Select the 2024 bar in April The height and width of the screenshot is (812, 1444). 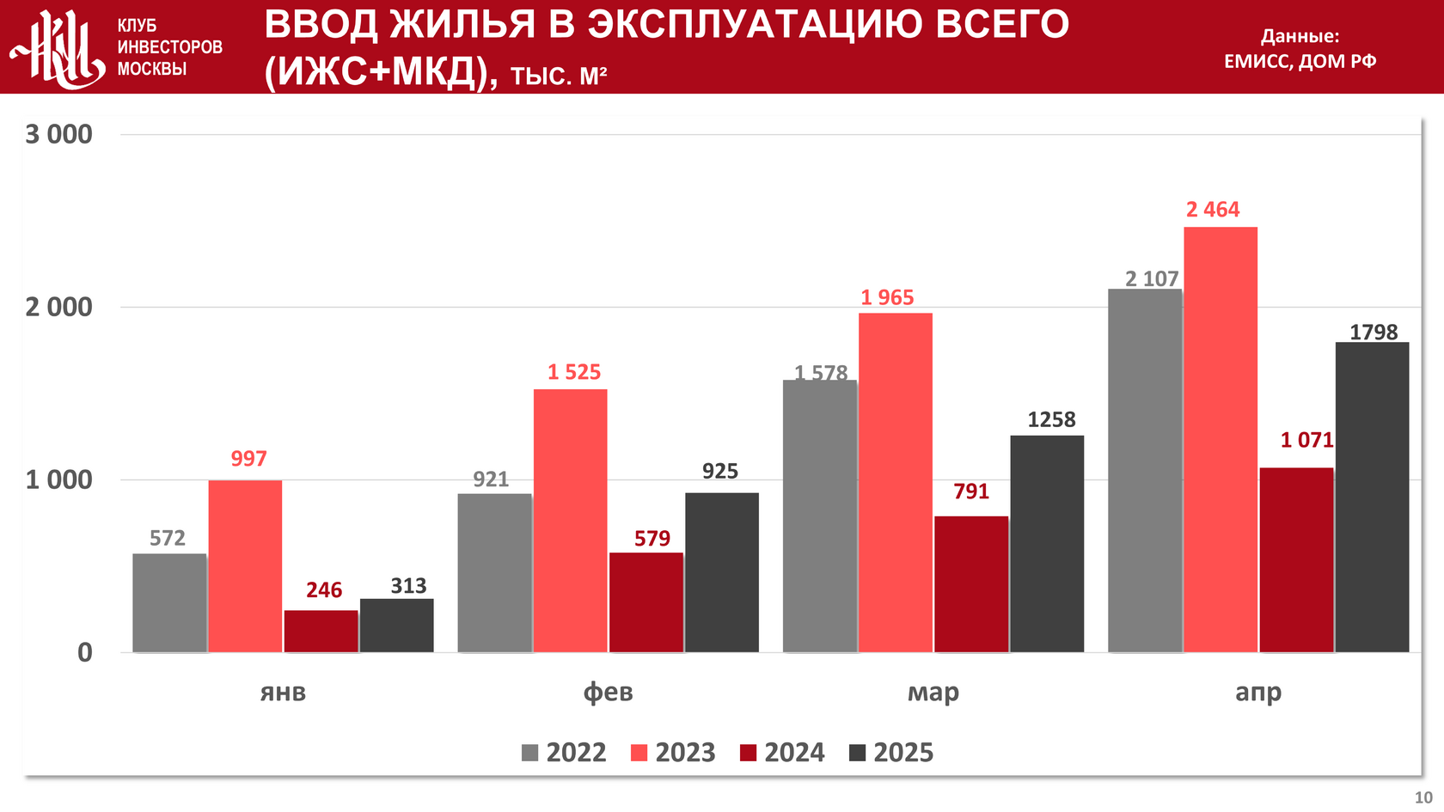(x=1296, y=559)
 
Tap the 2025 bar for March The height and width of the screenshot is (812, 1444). (x=1047, y=543)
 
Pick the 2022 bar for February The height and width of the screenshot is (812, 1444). (x=494, y=572)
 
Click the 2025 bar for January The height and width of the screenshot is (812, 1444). (x=396, y=625)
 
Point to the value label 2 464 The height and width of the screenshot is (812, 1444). (x=1213, y=210)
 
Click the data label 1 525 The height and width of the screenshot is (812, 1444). (x=574, y=372)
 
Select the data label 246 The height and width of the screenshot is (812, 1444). (x=324, y=590)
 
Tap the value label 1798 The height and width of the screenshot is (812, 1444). (x=1374, y=333)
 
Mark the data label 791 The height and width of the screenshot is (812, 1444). (x=971, y=491)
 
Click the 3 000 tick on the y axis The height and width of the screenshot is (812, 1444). (x=58, y=135)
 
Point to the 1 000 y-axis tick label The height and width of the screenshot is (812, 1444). (x=58, y=479)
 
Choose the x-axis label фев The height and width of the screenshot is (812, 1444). (x=608, y=693)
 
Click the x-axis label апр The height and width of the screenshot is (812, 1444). (x=1257, y=693)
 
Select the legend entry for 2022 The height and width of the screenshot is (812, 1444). (x=565, y=753)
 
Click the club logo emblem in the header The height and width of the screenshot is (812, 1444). (x=56, y=49)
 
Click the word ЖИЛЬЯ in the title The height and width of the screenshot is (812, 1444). (x=462, y=25)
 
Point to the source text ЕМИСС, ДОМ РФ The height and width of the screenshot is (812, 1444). (x=1300, y=61)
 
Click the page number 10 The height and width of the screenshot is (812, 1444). (x=1423, y=797)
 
